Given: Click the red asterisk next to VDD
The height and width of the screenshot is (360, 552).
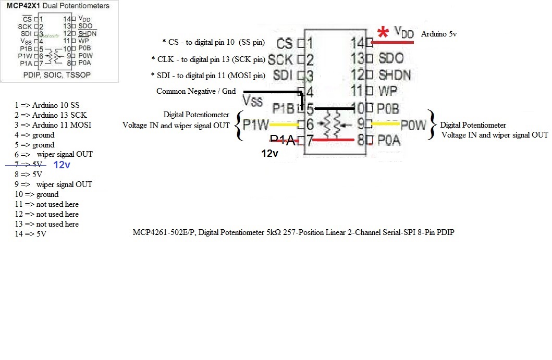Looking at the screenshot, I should [383, 32].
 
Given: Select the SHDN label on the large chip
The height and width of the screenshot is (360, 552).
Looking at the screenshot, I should [395, 75].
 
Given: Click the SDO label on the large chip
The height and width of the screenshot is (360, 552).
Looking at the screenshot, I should [391, 58].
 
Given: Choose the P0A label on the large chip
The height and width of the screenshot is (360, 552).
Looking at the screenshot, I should [389, 140].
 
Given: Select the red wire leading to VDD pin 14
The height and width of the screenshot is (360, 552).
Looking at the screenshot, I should [394, 43].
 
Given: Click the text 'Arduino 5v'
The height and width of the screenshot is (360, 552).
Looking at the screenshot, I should [439, 34].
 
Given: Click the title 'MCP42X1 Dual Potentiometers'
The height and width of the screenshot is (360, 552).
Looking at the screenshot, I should [58, 6].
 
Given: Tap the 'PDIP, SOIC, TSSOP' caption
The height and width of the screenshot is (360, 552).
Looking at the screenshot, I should [57, 75].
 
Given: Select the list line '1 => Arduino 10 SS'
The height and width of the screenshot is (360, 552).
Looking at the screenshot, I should [47, 105].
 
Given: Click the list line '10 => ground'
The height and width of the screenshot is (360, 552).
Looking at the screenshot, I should [36, 194].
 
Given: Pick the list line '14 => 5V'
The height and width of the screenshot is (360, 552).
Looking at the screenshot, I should [31, 234].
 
